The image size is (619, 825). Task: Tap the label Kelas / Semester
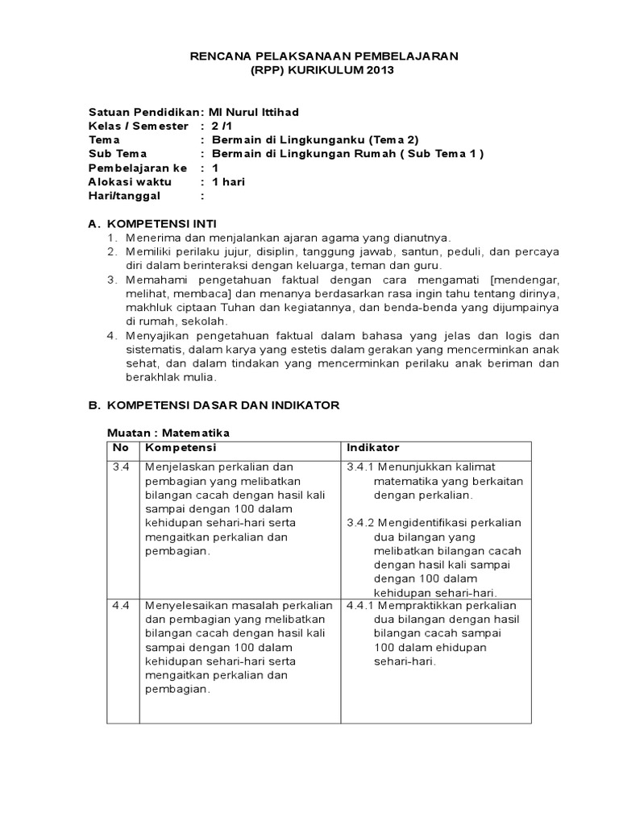point(138,126)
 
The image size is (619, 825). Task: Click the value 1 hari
point(228,181)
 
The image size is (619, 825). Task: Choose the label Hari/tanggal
point(124,195)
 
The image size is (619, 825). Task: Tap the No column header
point(121,448)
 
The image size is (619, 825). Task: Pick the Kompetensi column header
point(181,448)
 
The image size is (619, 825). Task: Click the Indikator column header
point(373,448)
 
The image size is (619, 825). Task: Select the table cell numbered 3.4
point(122,467)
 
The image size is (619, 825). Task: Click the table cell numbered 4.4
point(122,605)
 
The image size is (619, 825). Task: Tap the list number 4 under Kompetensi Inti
point(113,335)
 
